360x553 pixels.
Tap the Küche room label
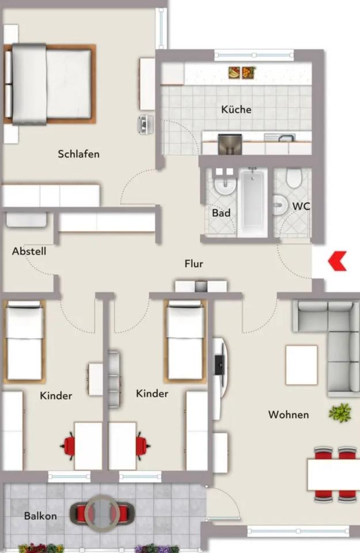click(x=236, y=109)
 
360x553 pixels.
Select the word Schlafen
click(x=79, y=154)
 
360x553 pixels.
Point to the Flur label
click(x=194, y=263)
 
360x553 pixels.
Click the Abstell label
click(x=29, y=251)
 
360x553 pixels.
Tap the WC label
click(x=301, y=206)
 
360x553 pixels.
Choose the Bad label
click(x=221, y=213)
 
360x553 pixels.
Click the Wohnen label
click(x=289, y=414)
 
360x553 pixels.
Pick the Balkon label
click(x=40, y=516)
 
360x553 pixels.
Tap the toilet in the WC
click(x=293, y=178)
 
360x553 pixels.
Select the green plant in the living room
click(x=340, y=413)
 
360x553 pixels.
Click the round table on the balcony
click(x=102, y=513)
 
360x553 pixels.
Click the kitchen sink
click(x=280, y=137)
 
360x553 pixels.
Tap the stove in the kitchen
click(x=230, y=144)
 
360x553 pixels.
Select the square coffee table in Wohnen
click(x=301, y=365)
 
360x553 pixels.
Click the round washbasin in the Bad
click(x=226, y=185)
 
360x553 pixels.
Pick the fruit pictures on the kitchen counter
click(x=242, y=73)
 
